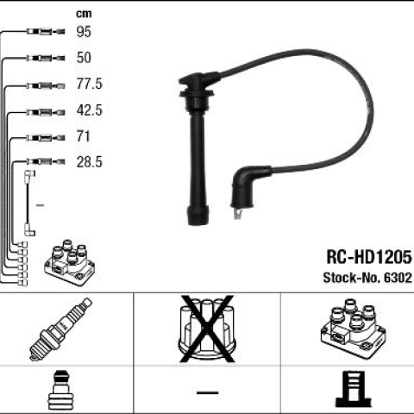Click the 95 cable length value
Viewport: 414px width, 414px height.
[84, 32]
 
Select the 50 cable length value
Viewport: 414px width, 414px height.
[84, 58]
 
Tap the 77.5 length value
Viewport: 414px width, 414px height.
[89, 84]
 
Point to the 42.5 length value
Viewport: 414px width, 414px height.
[89, 110]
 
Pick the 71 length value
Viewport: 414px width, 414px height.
[83, 136]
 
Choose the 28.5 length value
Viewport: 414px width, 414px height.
[89, 162]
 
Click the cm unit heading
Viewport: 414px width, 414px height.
[84, 14]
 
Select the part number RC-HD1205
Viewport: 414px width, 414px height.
[369, 257]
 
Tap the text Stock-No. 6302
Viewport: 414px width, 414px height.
[367, 278]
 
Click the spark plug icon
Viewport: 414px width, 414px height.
[60, 329]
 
